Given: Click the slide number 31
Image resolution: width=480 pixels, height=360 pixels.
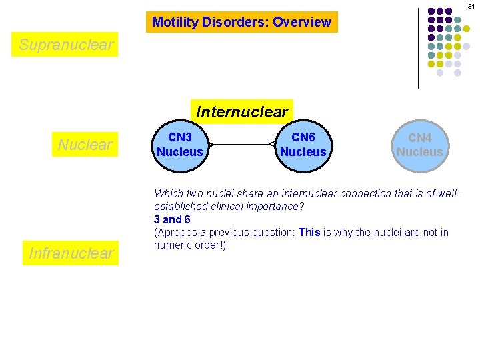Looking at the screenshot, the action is coord(470,5).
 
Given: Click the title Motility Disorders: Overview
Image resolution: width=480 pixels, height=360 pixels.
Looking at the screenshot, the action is coord(241,22).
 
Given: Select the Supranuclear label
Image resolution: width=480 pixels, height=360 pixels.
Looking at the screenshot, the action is coord(66,45).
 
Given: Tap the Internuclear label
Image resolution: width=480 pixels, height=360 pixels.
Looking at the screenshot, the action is coord(242,111).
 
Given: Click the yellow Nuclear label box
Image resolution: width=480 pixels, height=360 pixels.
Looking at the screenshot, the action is coord(85,145).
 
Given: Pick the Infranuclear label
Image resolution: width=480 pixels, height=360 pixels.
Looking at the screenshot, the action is coord(71,253).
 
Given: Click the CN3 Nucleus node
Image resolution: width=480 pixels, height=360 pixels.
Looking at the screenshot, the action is coord(179,145).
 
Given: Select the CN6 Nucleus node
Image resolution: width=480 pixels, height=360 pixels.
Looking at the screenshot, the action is coord(303,145).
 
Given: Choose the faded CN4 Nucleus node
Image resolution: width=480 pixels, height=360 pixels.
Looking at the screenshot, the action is coord(419,145).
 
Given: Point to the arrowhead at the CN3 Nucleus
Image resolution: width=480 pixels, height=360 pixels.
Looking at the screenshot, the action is coord(210,145).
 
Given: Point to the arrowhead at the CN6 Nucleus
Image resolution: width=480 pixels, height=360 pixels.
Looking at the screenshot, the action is coord(273,145).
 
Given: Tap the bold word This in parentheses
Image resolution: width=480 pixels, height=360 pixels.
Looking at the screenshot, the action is coord(310,233).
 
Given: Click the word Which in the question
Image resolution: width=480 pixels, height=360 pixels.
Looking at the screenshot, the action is coord(169,194).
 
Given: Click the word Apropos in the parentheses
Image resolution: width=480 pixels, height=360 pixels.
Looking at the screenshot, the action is coord(178,233).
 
